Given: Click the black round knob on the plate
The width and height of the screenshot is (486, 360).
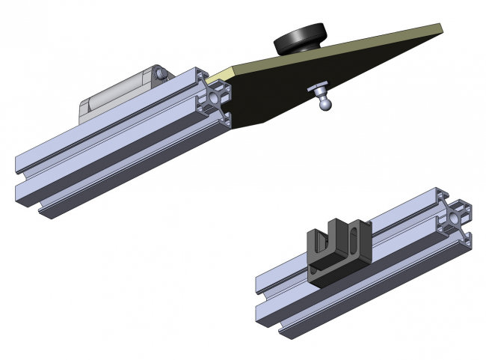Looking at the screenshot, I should pyautogui.click(x=301, y=40).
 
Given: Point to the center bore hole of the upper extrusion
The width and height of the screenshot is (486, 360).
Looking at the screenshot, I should pyautogui.click(x=217, y=97).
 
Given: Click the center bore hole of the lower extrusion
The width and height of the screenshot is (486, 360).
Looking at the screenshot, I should pyautogui.click(x=456, y=221).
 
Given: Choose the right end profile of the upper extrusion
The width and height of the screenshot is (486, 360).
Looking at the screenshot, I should pyautogui.click(x=216, y=97).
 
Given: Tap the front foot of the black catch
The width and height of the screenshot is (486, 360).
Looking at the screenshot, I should pyautogui.click(x=332, y=276).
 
